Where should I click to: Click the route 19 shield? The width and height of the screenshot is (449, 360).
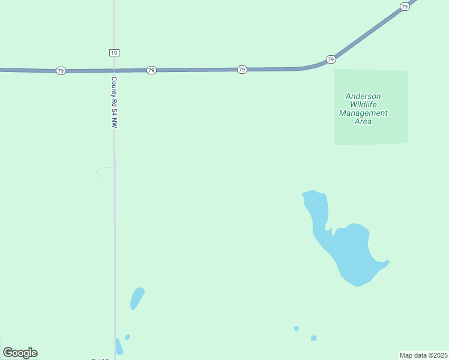click(114, 53)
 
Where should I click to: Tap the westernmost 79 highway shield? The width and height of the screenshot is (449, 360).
click(60, 71)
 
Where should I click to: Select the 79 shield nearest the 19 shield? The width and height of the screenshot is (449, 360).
click(151, 70)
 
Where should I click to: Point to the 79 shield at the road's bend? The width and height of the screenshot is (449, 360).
click(331, 59)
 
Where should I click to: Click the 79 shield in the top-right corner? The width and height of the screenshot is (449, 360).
click(405, 6)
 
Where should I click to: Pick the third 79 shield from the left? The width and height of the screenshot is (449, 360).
click(242, 70)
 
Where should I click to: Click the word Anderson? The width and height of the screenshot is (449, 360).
click(363, 96)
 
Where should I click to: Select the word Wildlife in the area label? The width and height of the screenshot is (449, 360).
click(363, 104)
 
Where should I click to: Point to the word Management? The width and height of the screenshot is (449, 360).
click(363, 113)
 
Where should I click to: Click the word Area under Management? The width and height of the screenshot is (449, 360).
click(363, 121)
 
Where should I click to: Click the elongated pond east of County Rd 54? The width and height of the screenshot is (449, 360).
click(137, 298)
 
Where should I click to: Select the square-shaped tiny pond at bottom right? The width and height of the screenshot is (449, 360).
click(313, 338)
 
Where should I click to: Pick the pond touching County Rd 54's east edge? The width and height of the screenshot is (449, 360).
click(119, 347)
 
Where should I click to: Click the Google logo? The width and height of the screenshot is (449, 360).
click(20, 352)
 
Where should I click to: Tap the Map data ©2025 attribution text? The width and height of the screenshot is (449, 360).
click(424, 355)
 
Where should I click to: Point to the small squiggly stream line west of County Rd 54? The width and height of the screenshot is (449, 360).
click(98, 173)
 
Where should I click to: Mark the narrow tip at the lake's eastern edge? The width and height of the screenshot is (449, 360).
click(387, 262)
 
